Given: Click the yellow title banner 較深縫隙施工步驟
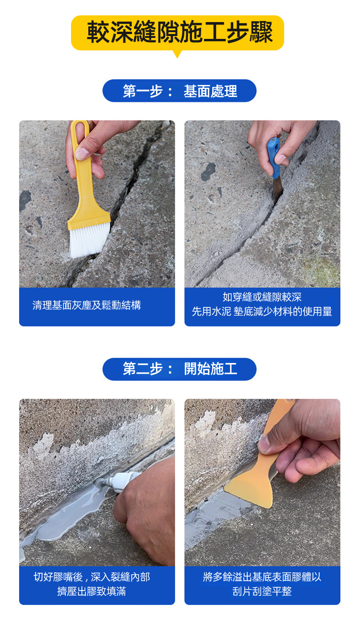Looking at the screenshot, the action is (178, 33).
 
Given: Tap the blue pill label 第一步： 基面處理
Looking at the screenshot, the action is (180, 91).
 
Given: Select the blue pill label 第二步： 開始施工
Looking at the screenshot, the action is (180, 369).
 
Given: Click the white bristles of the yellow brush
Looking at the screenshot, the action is (89, 240).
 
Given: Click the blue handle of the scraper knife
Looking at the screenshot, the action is (274, 157).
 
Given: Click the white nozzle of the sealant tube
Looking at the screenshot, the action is (122, 480).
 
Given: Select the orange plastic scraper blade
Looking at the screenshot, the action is (250, 488).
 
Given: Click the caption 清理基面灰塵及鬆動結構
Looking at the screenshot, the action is (86, 305).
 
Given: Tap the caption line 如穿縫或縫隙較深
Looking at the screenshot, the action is (262, 297).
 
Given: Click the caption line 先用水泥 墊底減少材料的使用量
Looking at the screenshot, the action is (262, 312).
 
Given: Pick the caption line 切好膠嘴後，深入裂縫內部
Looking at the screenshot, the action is (92, 577).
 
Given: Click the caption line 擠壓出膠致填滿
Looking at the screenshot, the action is (92, 592).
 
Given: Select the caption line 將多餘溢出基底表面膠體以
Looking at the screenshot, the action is (262, 577).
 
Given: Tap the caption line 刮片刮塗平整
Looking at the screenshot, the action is (262, 592).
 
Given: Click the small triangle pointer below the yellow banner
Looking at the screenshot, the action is (177, 54).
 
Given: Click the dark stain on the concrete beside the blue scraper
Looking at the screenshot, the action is (208, 171).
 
